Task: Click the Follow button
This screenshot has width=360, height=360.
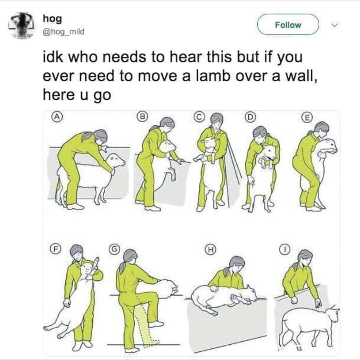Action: [288, 25]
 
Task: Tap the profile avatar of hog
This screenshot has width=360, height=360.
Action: [21, 25]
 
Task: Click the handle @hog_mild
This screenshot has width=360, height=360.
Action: [64, 31]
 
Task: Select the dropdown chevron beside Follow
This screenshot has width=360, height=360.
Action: [335, 25]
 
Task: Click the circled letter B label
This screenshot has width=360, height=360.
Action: [143, 116]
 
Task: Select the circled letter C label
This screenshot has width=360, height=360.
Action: [199, 117]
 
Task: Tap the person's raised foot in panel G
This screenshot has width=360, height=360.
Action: [156, 324]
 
